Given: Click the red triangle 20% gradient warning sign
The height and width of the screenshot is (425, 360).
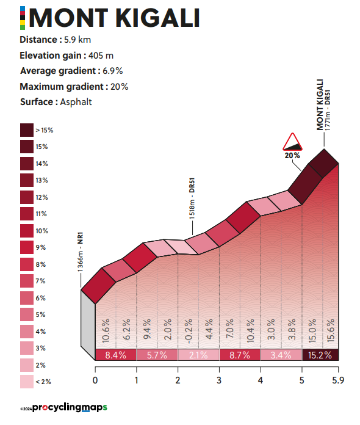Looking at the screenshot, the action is [292, 142].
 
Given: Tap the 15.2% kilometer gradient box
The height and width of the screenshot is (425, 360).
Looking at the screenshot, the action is [320, 355].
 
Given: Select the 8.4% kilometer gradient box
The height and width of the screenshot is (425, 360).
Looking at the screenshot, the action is [116, 355].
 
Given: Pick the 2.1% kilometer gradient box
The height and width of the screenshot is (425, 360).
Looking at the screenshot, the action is [198, 355].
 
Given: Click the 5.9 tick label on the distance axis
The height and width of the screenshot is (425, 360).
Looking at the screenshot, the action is [338, 380].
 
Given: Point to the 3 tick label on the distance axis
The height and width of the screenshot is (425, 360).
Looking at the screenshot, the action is [219, 380].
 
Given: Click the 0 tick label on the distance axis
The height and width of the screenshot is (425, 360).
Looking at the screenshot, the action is [95, 380].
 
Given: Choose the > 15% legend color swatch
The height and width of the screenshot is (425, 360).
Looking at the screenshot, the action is [27, 130].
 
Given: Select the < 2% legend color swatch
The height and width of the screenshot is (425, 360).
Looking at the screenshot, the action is [27, 382].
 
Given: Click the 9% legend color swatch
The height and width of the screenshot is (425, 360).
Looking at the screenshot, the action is [27, 247].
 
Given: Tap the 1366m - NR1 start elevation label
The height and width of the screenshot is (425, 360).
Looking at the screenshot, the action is [80, 252].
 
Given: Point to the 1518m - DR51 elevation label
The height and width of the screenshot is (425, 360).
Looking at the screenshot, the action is [192, 198].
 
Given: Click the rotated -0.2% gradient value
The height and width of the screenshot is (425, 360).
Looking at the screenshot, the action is [189, 331].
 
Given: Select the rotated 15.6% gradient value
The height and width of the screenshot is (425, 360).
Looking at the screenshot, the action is [331, 330].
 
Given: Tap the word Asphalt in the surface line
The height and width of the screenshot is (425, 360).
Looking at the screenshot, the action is [76, 102].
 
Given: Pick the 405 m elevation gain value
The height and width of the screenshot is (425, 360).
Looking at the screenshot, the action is [101, 56].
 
